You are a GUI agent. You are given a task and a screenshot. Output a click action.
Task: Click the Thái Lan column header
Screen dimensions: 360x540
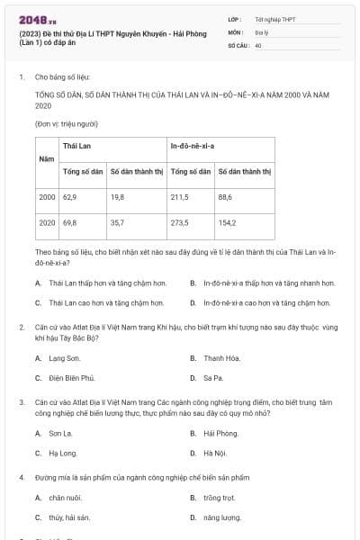tap(76, 145)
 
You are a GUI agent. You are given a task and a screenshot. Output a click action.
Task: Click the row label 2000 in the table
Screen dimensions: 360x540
tap(47, 196)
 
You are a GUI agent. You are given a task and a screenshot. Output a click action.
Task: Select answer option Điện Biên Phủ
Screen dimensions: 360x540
tap(71, 378)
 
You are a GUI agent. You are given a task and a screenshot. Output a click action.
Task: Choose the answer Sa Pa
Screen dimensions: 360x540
tap(213, 378)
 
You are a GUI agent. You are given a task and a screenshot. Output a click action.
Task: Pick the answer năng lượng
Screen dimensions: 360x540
tap(219, 517)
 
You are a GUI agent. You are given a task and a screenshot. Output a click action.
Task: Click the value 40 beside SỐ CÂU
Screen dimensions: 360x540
tap(258, 44)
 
